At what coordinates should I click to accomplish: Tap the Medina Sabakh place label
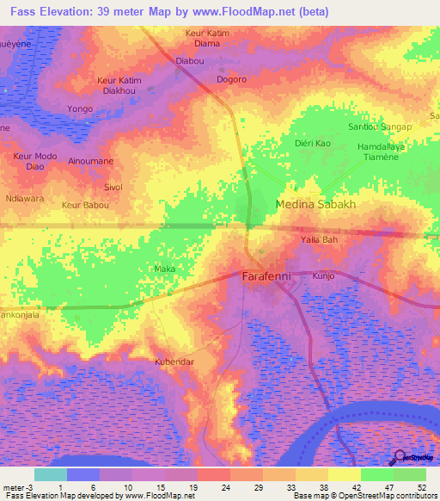315,205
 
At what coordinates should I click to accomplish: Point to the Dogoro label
231,79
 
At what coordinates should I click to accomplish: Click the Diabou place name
189,61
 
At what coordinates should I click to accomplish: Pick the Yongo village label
80,108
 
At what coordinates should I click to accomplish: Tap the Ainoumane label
90,161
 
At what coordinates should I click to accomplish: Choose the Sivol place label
113,187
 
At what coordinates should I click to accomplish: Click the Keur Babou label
85,206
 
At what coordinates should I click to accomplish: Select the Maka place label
163,269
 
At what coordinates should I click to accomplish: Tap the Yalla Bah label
318,240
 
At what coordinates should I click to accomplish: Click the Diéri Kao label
312,143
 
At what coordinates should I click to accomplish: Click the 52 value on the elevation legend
420,486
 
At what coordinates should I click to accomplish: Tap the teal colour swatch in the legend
50,474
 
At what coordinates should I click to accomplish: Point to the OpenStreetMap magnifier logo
400,457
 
